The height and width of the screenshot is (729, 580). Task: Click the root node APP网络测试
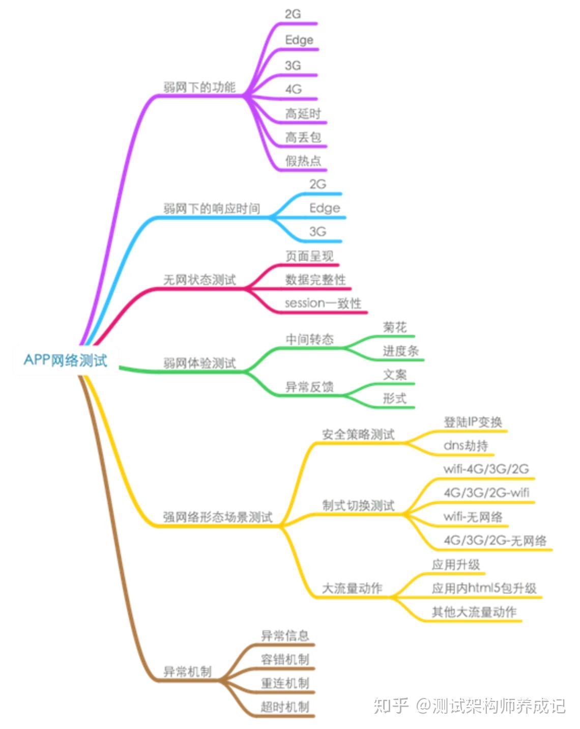click(x=66, y=360)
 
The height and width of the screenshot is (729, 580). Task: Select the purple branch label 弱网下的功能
click(x=199, y=87)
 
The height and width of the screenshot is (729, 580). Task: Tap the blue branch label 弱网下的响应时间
click(x=212, y=208)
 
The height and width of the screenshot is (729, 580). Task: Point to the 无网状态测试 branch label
click(x=199, y=279)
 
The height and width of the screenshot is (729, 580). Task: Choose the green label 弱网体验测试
click(x=199, y=363)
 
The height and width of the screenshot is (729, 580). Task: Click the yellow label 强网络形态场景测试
click(x=218, y=517)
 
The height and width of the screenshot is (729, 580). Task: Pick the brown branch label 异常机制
click(x=187, y=671)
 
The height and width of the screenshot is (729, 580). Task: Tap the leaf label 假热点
click(x=303, y=161)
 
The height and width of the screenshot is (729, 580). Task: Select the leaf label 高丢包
click(x=303, y=137)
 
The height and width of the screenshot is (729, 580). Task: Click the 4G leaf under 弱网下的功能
click(x=294, y=89)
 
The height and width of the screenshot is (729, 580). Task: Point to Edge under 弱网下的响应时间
click(x=325, y=208)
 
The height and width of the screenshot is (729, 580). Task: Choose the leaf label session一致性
click(x=323, y=303)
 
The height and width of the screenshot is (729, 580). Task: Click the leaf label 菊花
click(x=395, y=327)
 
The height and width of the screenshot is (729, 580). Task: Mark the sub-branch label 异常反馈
click(x=309, y=387)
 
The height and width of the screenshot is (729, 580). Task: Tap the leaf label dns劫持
click(x=466, y=446)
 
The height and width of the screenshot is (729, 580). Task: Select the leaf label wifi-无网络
click(x=473, y=517)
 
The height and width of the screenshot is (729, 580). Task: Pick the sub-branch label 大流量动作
click(x=352, y=588)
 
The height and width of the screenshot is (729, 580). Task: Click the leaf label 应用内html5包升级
click(x=484, y=588)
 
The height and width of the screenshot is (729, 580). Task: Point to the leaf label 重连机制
click(x=285, y=683)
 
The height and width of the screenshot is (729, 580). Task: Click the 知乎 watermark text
click(x=391, y=706)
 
